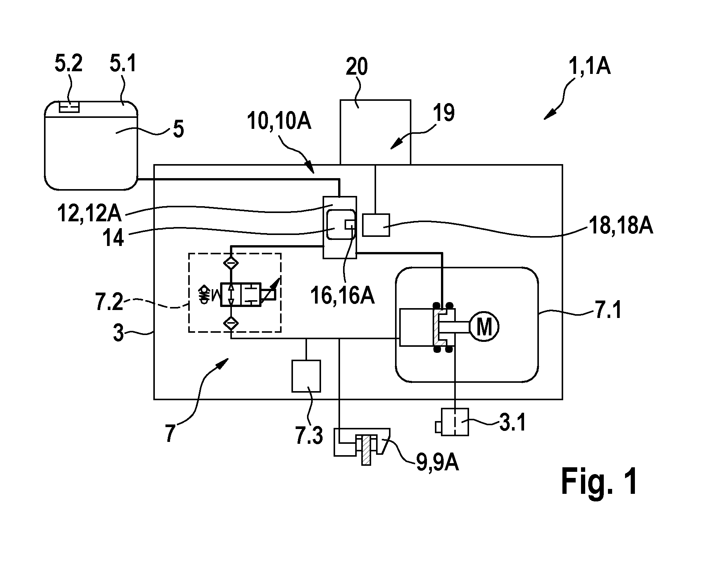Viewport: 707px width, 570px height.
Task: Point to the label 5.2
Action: point(68,64)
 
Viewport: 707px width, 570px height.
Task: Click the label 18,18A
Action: point(620,226)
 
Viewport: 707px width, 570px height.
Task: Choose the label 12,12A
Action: point(89,213)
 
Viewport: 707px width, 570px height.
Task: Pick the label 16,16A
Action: point(342,296)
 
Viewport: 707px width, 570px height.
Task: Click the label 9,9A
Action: point(438,463)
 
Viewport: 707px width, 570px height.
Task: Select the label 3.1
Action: point(512,423)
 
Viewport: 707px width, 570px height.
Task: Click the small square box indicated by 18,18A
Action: point(376,225)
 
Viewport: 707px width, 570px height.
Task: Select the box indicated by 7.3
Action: point(306,376)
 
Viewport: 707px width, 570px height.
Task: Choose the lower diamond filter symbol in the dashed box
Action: point(231,323)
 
